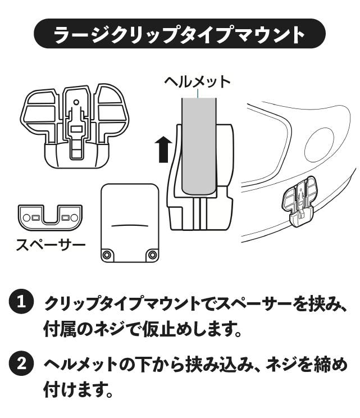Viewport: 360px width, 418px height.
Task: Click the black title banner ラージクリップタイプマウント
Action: pyautogui.click(x=180, y=34)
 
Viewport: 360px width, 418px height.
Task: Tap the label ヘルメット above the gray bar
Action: pyautogui.click(x=197, y=81)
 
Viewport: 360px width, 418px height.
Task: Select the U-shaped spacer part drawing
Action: pyautogui.click(x=50, y=217)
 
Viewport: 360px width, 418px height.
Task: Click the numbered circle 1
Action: pyautogui.click(x=21, y=302)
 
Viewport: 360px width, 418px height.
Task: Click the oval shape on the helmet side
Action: pyautogui.click(x=319, y=144)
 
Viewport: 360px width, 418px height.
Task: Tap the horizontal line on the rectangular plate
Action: pyautogui.click(x=129, y=224)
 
